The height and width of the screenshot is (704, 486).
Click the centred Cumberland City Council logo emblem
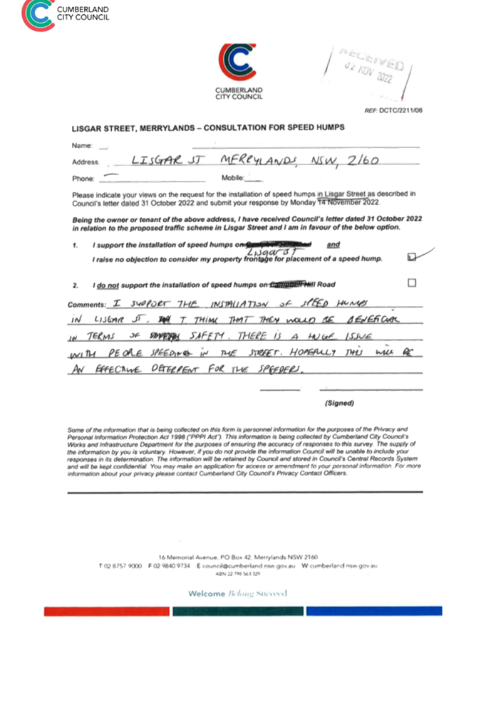(238, 64)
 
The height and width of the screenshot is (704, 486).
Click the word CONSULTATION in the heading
(234, 128)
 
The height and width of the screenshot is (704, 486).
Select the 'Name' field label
(81, 146)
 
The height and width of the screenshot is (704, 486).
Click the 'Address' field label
(85, 162)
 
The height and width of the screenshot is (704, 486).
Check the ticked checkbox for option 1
(411, 257)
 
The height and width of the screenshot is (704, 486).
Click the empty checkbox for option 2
(412, 283)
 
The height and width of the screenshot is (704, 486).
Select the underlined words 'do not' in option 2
(108, 285)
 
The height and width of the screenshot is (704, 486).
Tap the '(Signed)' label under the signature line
(339, 403)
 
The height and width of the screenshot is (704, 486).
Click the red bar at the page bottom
(107, 611)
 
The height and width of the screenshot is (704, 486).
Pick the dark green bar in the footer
(238, 611)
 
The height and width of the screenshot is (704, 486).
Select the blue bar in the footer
(374, 611)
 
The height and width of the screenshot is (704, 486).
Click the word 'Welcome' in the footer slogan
(207, 594)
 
